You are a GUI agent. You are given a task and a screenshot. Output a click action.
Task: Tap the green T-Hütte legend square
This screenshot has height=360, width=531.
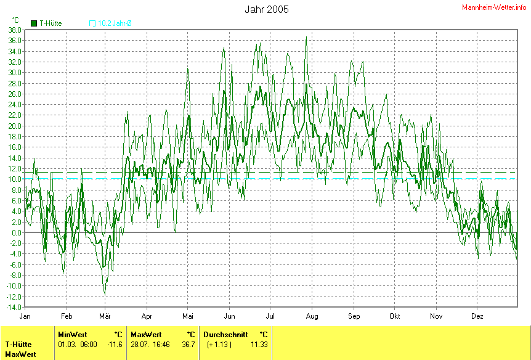pyautogui.click(x=34, y=23)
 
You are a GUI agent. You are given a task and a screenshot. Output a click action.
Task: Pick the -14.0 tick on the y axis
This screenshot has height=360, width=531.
pyautogui.click(x=14, y=307)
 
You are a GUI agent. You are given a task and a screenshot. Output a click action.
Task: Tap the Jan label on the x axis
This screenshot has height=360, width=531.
pyautogui.click(x=25, y=315)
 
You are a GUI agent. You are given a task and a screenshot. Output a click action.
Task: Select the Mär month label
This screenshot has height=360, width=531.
pyautogui.click(x=106, y=315)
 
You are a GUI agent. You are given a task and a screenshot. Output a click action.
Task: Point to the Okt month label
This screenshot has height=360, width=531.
pyautogui.click(x=395, y=315)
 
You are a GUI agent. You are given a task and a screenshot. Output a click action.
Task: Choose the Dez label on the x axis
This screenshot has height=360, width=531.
pyautogui.click(x=477, y=315)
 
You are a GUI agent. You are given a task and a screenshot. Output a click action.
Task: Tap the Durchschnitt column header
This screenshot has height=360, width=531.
pyautogui.click(x=225, y=334)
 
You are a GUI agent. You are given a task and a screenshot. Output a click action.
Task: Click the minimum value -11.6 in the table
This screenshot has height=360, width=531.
pyautogui.click(x=115, y=344)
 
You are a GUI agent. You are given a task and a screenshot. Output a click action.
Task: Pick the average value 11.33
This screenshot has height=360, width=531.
pyautogui.click(x=259, y=344)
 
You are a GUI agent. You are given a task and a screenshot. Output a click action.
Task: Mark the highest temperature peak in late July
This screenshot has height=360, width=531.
pyautogui.click(x=306, y=38)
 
